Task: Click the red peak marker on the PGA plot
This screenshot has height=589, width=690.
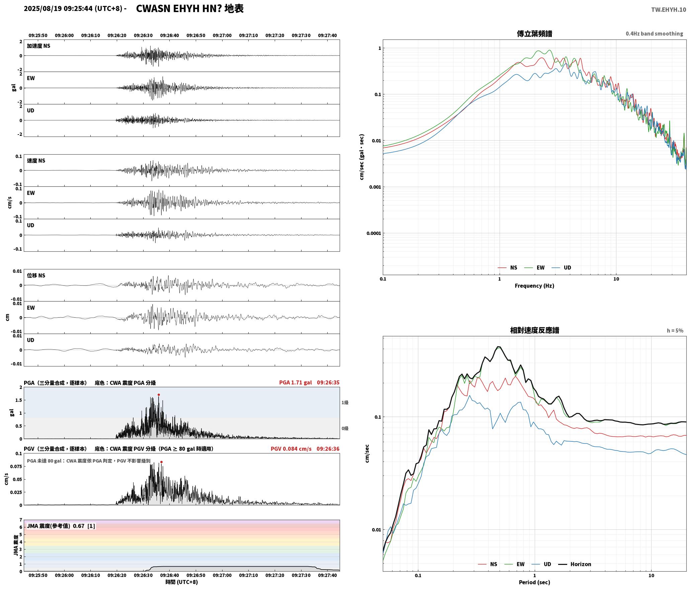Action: point(159,395)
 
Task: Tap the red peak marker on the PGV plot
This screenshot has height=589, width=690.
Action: point(161,462)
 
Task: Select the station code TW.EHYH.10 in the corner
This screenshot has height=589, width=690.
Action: point(669,10)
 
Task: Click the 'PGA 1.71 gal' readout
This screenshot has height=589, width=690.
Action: point(295,383)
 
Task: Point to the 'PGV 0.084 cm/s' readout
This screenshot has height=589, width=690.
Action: point(291,449)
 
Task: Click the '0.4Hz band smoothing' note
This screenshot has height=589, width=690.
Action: point(655,33)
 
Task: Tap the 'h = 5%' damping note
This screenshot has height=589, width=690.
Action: point(675,331)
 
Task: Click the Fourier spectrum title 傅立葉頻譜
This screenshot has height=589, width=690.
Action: point(534,33)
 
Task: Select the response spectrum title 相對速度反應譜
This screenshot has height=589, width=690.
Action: point(534,330)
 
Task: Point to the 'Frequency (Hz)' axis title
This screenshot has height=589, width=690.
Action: point(534,286)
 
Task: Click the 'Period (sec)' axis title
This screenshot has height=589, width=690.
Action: point(534,582)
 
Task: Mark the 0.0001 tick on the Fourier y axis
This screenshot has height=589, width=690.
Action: point(373,233)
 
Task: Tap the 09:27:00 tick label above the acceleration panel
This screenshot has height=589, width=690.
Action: point(222,35)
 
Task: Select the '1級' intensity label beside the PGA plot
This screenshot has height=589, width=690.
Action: point(345,403)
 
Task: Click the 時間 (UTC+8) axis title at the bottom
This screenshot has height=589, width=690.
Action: point(182,582)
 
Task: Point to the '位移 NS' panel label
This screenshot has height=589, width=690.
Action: point(36,275)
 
